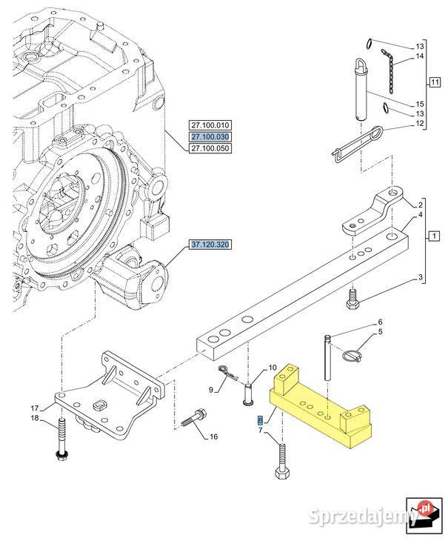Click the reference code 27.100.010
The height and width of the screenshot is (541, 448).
(210, 125)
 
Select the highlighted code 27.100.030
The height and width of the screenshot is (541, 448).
(210, 137)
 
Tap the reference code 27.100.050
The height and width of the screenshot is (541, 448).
(210, 149)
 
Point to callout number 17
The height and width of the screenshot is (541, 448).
(34, 407)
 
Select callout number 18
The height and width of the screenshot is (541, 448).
(34, 419)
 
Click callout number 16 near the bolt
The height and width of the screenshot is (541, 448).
(213, 436)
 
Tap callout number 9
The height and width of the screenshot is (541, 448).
(211, 389)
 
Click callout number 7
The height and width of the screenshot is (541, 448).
(261, 430)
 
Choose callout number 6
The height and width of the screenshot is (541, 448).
(381, 322)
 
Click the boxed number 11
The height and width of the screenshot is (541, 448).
(434, 82)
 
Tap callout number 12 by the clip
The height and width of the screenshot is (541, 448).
(420, 124)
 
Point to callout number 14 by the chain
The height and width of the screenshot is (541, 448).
(420, 56)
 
